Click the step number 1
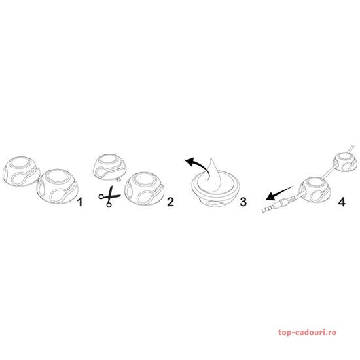80,202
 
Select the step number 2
171,202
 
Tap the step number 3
243,202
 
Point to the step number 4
342,202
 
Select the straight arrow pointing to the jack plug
279,193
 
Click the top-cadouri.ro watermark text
307,333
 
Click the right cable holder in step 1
58,187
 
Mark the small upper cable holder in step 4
345,162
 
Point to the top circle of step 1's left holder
22,162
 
